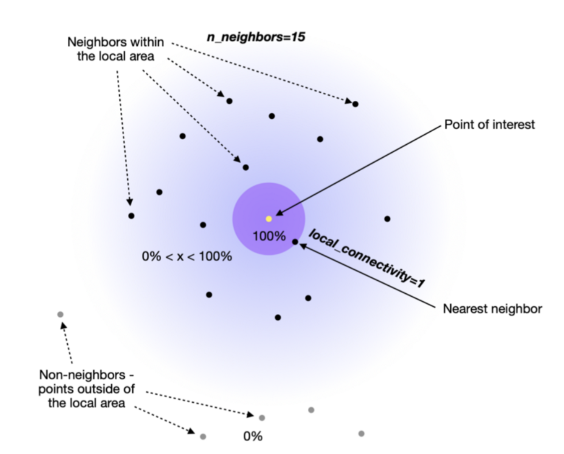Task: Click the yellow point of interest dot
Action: pyautogui.click(x=269, y=219)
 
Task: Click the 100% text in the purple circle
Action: pyautogui.click(x=269, y=236)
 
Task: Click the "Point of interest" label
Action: pyautogui.click(x=489, y=124)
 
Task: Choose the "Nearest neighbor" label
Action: pyautogui.click(x=492, y=309)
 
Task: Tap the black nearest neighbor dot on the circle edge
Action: pyautogui.click(x=295, y=241)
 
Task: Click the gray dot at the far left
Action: pyautogui.click(x=60, y=314)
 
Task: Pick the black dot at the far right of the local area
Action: pyautogui.click(x=387, y=219)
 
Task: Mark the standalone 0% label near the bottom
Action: pyautogui.click(x=253, y=436)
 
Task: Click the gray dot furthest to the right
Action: pyautogui.click(x=361, y=434)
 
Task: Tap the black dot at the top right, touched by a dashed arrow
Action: pyautogui.click(x=355, y=104)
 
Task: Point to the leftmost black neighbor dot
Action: pyautogui.click(x=131, y=216)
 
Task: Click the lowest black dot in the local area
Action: pyautogui.click(x=278, y=317)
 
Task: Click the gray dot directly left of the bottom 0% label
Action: pyautogui.click(x=203, y=437)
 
